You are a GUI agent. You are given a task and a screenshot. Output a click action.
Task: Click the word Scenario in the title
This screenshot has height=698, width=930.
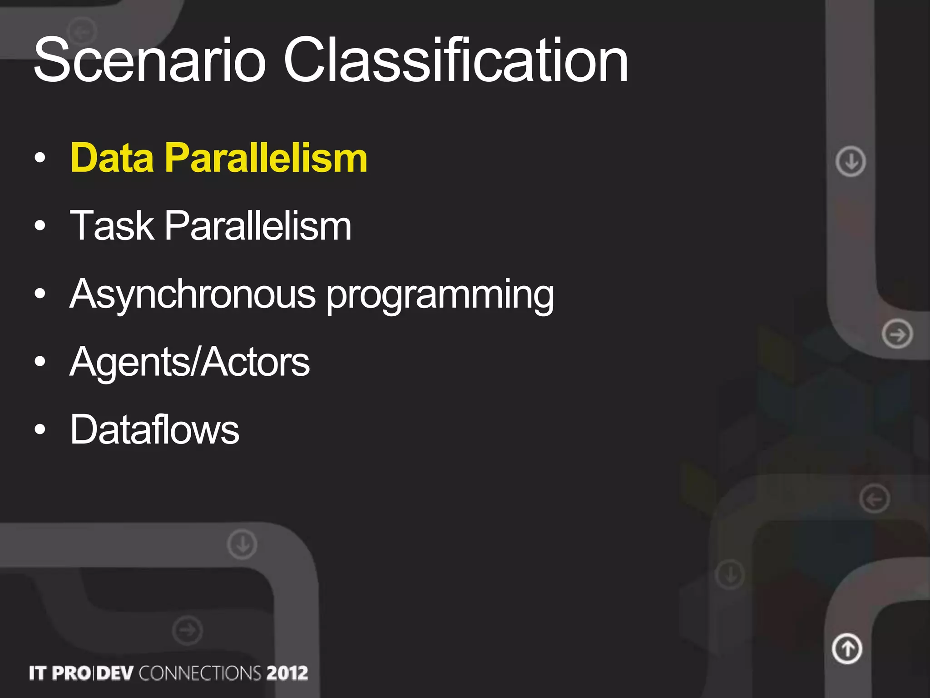coord(150,60)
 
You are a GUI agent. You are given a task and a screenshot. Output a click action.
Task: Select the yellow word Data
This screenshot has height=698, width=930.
coord(112,158)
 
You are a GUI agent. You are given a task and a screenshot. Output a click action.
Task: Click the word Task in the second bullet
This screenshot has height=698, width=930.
coord(112,226)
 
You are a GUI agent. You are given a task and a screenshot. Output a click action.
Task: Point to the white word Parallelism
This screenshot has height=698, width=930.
coord(257,226)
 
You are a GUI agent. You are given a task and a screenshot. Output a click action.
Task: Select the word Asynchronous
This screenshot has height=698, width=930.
coord(193,294)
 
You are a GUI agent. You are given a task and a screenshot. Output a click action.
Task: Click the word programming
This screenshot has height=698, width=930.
coord(440,295)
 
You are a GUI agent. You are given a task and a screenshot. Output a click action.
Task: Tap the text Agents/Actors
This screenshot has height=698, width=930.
coord(189,362)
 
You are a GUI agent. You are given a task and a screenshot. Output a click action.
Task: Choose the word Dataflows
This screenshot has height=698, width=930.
coord(154,430)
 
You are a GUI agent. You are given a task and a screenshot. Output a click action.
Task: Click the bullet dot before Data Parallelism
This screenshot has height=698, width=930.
coord(40,158)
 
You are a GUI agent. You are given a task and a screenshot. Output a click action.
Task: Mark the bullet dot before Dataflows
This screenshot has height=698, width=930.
coord(40,429)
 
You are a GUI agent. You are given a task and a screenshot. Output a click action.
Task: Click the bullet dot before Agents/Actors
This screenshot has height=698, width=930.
coord(40,362)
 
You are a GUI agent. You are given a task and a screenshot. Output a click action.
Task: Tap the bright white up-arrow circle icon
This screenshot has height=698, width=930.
coord(847,648)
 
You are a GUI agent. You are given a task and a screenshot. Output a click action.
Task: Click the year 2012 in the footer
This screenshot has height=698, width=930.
coord(287,673)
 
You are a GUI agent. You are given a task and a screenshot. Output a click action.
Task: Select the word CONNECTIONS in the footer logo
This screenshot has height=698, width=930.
coord(200,673)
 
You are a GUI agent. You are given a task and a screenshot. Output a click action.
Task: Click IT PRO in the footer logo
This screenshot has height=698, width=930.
coord(59,673)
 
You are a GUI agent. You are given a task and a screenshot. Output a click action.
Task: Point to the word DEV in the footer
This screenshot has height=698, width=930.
coord(115,673)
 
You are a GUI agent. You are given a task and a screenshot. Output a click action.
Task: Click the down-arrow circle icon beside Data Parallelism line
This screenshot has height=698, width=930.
coord(851,161)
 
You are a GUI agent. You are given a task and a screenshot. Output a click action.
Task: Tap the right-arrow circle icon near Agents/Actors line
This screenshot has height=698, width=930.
coord(897,334)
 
